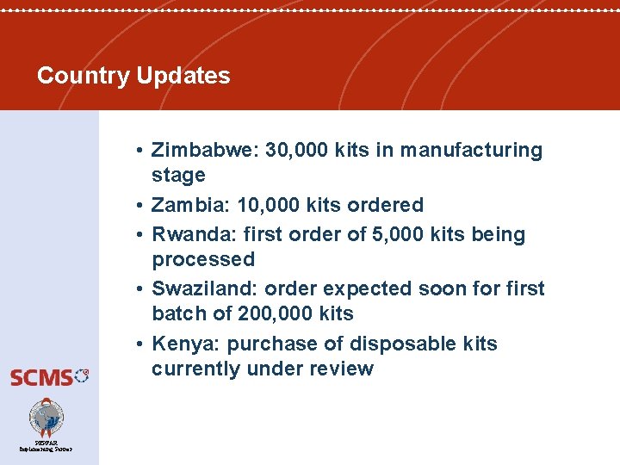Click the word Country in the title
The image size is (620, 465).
point(83,76)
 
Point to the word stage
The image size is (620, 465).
point(178,176)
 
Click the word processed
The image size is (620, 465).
point(203,260)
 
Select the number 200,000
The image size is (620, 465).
point(273,313)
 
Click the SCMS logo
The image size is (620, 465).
point(49,376)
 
